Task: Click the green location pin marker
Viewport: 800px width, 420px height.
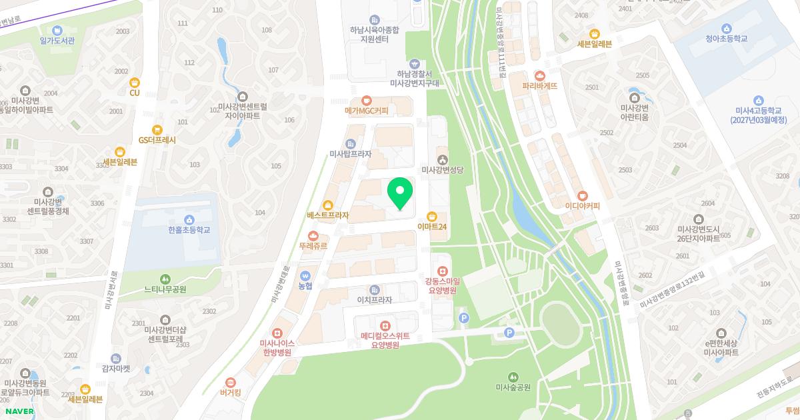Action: point(400,193)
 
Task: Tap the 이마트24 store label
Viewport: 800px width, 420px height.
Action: point(432,227)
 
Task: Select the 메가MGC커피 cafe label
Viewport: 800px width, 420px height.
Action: point(366,110)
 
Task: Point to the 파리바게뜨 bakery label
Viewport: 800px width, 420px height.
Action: point(539,85)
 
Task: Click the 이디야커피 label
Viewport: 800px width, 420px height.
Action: point(582,205)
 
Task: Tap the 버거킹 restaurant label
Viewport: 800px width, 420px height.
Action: point(230,392)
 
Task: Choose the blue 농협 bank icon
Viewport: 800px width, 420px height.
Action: point(305,275)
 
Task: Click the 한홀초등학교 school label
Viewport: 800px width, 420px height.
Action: point(189,229)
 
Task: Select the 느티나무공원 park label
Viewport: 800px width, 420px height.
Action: point(165,289)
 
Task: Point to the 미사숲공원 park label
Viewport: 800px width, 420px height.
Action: point(513,387)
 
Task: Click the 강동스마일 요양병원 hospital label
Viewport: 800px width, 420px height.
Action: point(441,285)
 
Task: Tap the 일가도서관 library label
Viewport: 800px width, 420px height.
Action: point(57,40)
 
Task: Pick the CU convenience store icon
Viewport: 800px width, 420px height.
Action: point(135,83)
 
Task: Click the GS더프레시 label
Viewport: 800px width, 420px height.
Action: point(157,140)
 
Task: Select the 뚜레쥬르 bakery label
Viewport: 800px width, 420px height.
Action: point(313,245)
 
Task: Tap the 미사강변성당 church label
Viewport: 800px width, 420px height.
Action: point(443,169)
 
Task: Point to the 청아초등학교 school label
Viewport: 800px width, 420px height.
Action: point(726,38)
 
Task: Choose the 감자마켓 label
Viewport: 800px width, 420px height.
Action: point(116,368)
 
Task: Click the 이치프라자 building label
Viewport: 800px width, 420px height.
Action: point(374,299)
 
